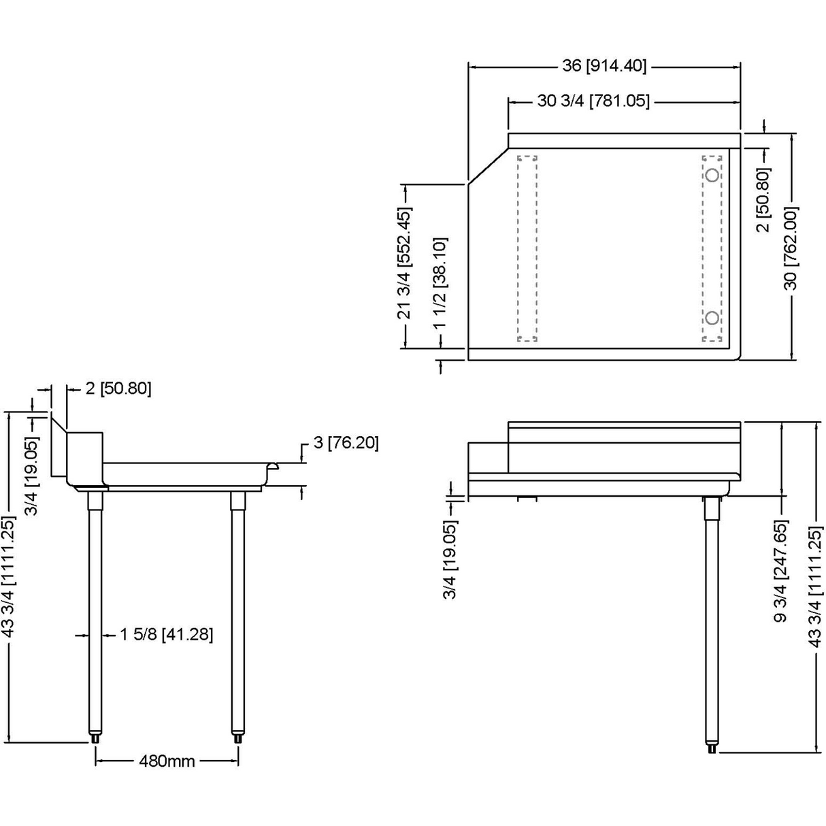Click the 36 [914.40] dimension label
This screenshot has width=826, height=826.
tap(604, 66)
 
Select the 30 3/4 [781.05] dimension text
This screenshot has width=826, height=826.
tap(593, 101)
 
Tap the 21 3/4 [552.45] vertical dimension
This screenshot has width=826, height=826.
tap(404, 263)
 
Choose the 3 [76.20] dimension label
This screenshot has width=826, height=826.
tap(346, 442)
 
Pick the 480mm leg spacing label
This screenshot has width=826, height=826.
tap(167, 760)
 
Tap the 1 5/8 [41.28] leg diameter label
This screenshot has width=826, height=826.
tap(167, 634)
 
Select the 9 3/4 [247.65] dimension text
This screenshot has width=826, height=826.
tap(780, 571)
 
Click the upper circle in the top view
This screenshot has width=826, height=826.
tap(712, 175)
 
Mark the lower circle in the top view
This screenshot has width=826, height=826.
tap(712, 317)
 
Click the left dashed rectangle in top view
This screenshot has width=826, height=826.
tap(527, 248)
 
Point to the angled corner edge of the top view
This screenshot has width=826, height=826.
tap(488, 165)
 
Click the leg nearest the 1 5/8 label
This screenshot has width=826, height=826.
tap(95, 612)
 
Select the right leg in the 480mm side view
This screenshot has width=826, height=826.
tap(237, 612)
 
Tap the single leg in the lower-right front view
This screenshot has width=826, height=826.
tap(712, 612)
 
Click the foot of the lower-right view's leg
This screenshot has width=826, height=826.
tap(712, 748)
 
